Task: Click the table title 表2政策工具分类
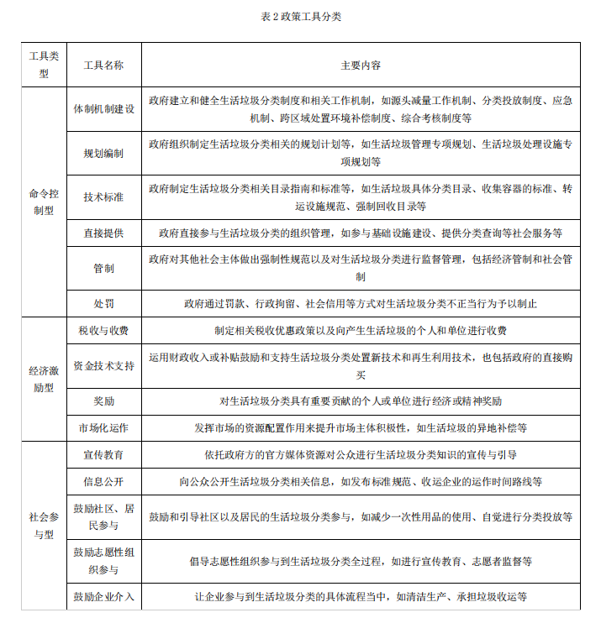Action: click(x=301, y=16)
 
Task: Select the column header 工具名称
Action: click(x=103, y=65)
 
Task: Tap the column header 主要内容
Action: click(x=361, y=65)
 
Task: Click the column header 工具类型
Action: click(x=44, y=65)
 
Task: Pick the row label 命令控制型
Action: click(x=44, y=202)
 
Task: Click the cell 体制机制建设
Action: click(x=103, y=109)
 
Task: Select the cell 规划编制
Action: click(x=103, y=154)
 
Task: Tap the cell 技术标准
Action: click(x=103, y=197)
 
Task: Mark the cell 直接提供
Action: click(x=103, y=233)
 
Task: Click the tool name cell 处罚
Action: click(x=103, y=303)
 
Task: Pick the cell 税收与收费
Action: click(x=103, y=331)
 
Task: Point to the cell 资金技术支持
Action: click(x=103, y=366)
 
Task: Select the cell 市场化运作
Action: click(x=103, y=427)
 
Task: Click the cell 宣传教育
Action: click(x=103, y=454)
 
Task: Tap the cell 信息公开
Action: click(x=103, y=482)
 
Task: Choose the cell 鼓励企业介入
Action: click(x=103, y=597)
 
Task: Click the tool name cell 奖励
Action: click(x=103, y=401)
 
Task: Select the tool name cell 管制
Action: click(x=103, y=268)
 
